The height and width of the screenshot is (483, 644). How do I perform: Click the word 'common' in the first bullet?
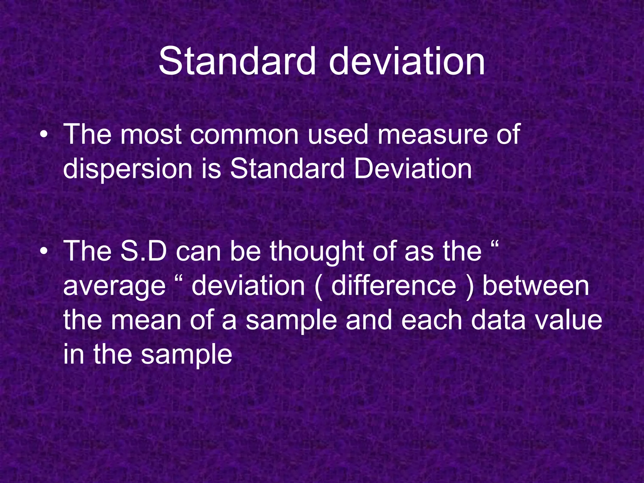tap(244, 135)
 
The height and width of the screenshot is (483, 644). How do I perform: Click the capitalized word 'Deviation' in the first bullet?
tap(413, 169)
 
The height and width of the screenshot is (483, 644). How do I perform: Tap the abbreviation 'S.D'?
tap(144, 251)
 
